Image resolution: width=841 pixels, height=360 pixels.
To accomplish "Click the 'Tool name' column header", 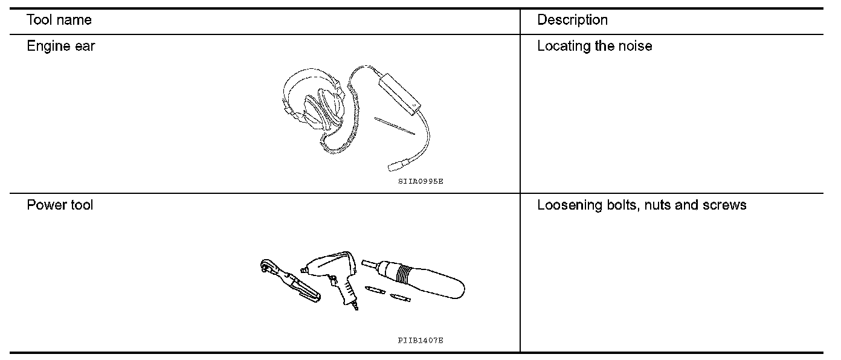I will pos(59,20).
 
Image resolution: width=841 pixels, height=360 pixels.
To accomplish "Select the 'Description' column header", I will pos(572,20).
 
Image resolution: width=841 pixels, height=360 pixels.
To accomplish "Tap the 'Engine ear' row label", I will pos(60,47).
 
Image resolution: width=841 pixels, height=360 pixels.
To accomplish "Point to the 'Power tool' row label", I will pos(60,205).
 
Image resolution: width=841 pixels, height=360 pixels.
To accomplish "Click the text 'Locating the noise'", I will pos(594,47).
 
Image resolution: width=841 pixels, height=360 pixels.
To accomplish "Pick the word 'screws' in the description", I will pos(724,205).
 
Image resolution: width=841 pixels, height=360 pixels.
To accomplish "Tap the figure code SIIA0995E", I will pos(421,181).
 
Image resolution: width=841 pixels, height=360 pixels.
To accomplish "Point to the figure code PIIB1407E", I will pos(420,341).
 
